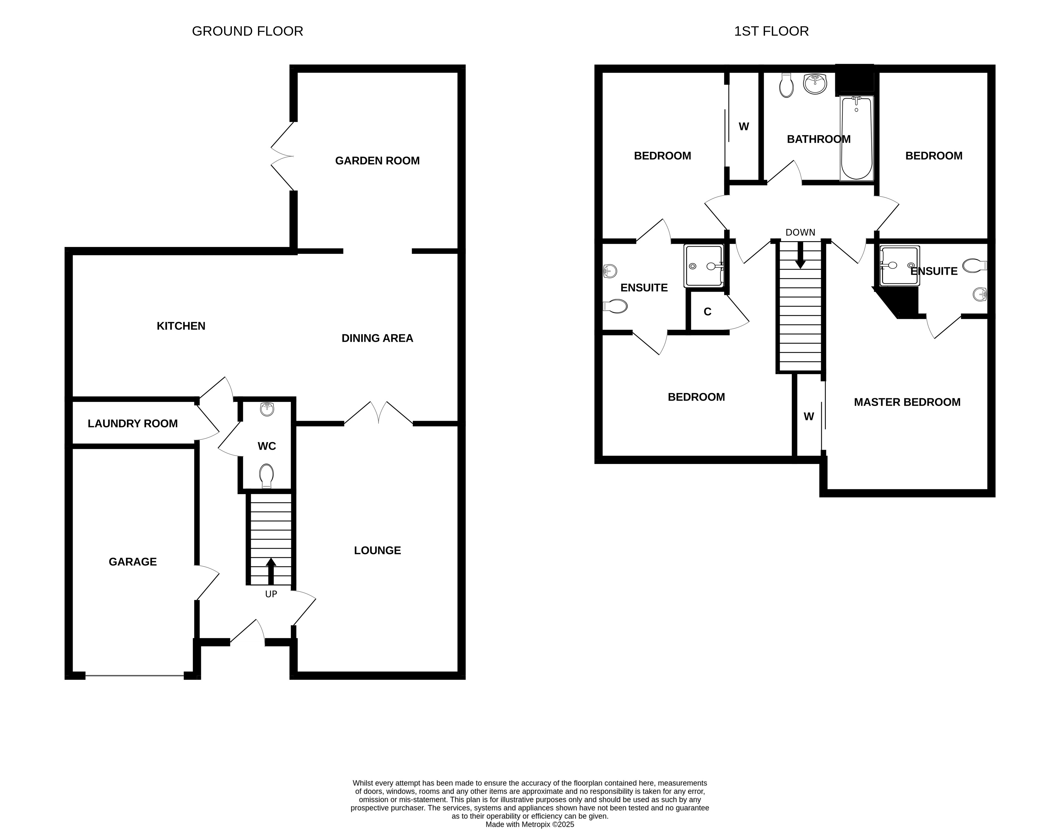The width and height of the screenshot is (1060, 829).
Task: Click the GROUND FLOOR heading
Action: coord(248,31)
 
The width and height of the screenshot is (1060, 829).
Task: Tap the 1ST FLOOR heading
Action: coord(771,31)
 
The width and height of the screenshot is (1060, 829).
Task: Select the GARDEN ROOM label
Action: coord(377,161)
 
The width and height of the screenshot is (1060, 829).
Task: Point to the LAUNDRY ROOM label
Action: coord(132,424)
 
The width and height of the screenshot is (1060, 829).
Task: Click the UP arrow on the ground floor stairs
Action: coord(271,571)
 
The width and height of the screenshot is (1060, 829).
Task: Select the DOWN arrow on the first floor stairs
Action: coord(800,255)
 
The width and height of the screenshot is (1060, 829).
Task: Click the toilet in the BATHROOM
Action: coord(786,86)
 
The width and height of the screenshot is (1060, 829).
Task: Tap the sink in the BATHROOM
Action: coord(815,83)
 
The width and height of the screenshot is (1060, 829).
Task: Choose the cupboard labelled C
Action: coord(708,312)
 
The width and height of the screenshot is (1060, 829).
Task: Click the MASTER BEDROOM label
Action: coord(907,402)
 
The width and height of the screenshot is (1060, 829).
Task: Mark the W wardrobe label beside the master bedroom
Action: coord(809,416)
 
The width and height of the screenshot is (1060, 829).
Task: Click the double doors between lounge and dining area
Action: coord(378,413)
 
